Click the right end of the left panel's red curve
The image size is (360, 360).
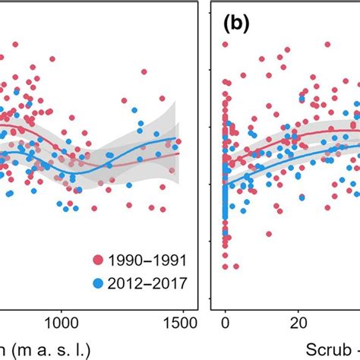[x=180, y=153]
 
